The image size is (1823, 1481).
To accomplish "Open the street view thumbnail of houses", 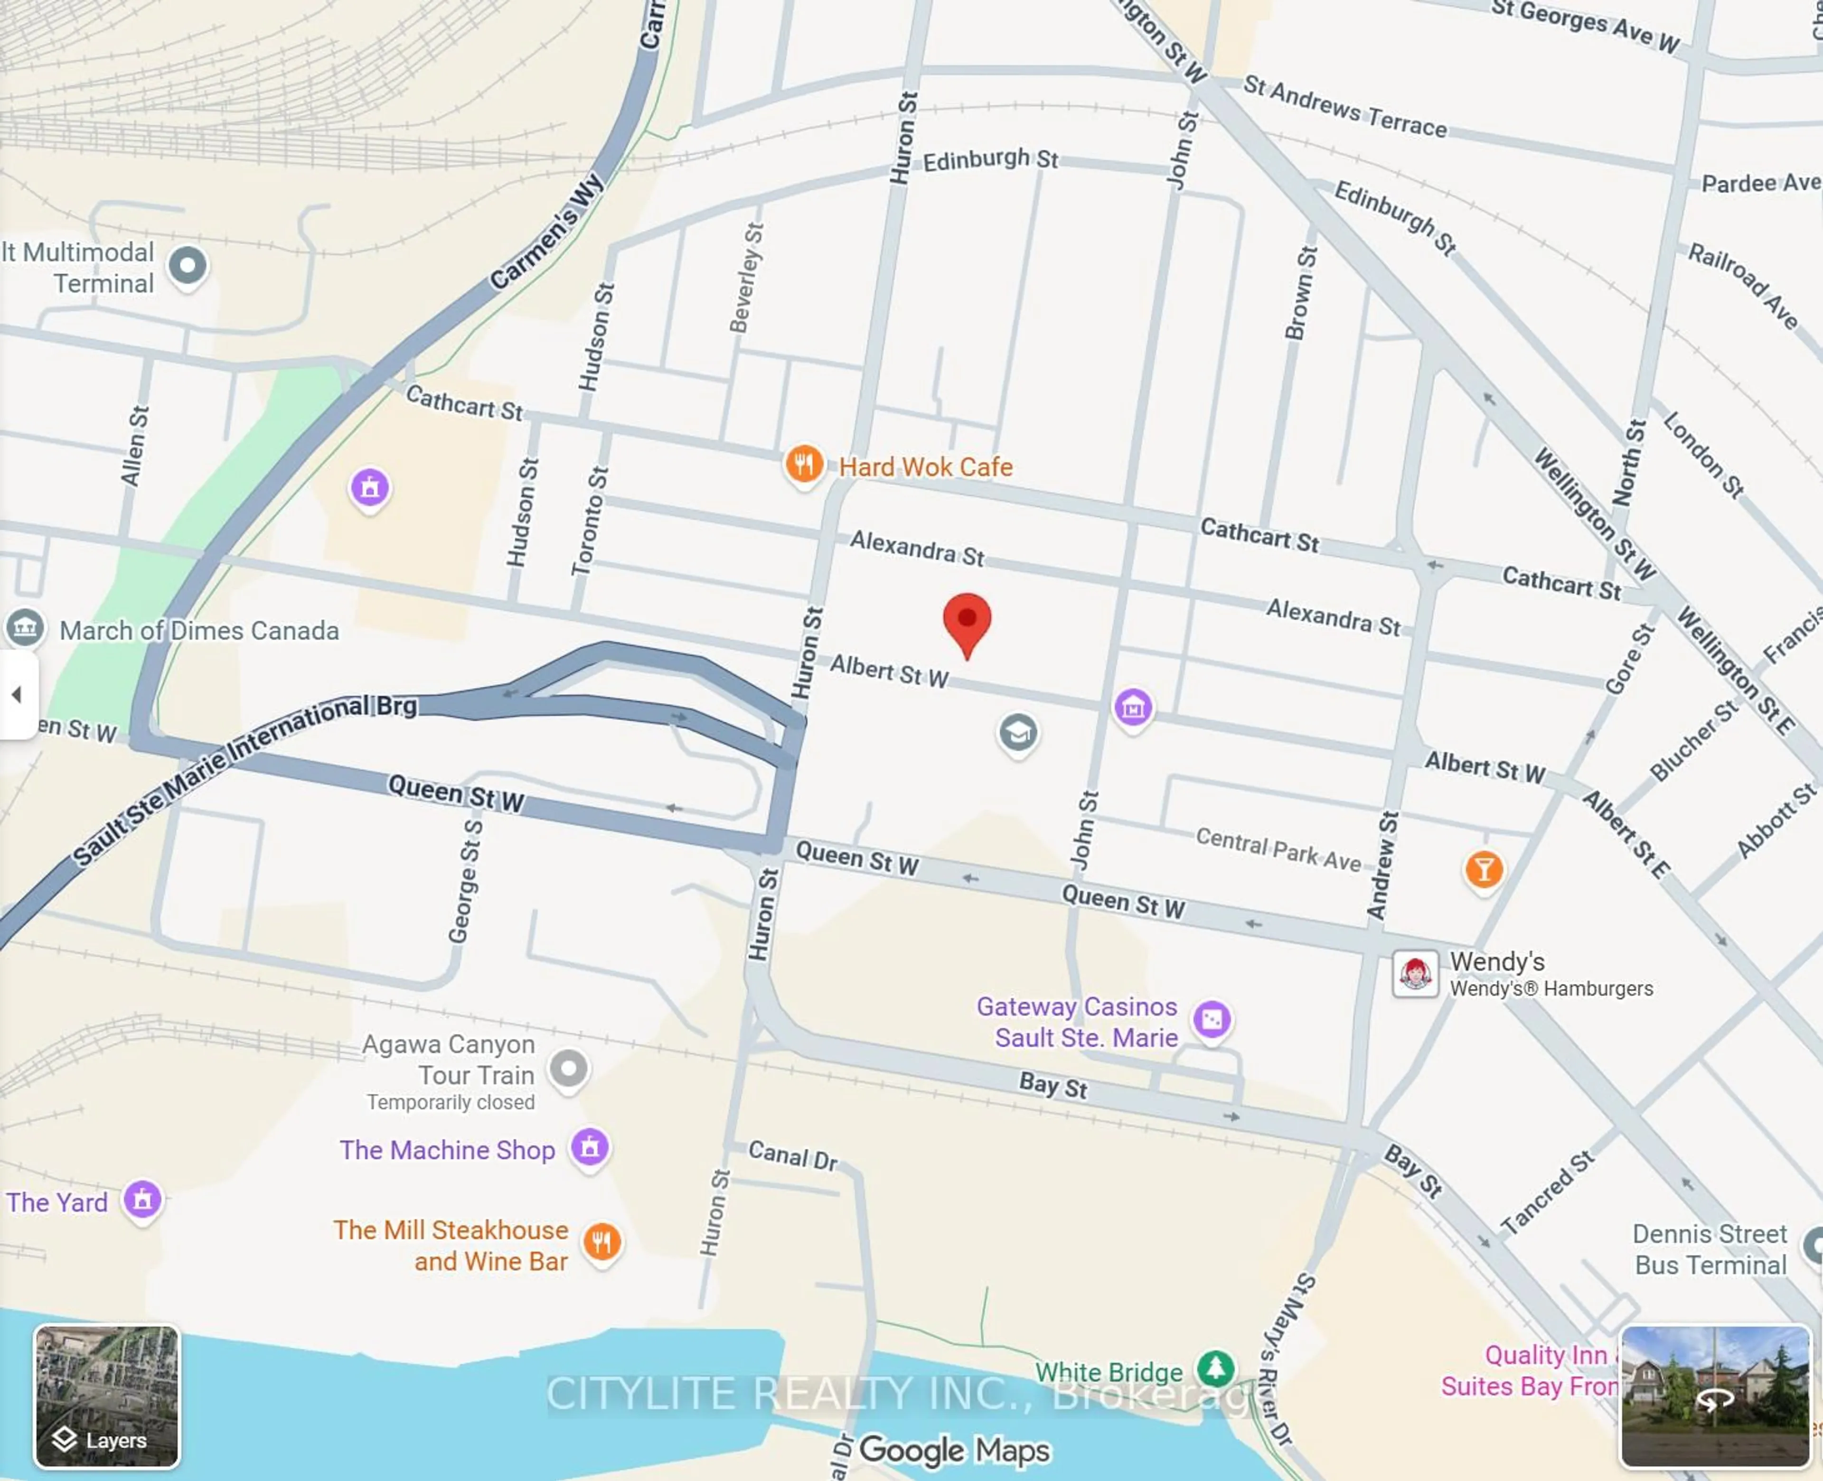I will pos(1715,1396).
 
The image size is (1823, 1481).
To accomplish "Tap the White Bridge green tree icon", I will pos(1215,1369).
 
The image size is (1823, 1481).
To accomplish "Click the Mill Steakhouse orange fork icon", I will pos(601,1242).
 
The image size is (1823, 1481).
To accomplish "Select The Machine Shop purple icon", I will pos(590,1147).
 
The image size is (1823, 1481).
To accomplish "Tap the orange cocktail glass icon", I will pos(1484,869).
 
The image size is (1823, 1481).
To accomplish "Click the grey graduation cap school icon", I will pos(1017,733).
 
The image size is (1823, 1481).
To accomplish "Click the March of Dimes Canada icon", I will pos(25,628).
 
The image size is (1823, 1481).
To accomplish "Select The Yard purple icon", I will pos(142,1200).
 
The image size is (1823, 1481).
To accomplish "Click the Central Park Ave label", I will pos(1278,849).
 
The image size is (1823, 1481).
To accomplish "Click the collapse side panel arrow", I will pos(16,694).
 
